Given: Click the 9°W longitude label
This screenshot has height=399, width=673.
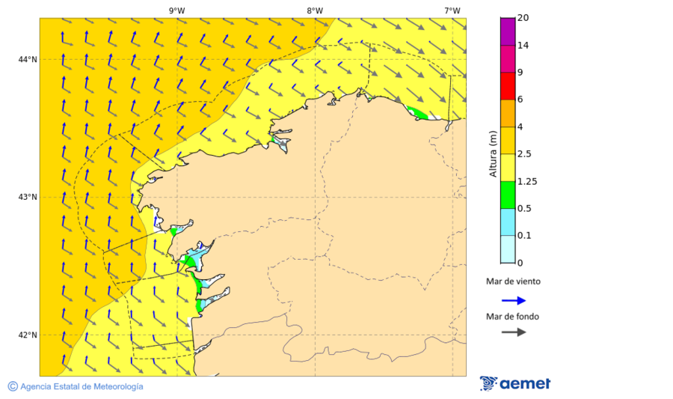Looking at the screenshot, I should click(176, 10).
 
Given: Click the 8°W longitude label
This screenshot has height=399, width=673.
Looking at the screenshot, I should click(314, 10).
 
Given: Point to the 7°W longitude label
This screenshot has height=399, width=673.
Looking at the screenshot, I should click(452, 10).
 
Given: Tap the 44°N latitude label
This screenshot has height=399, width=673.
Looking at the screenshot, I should click(28, 59).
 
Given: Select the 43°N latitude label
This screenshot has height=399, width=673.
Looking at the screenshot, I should click(28, 197).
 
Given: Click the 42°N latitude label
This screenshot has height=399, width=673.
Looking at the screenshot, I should click(28, 335).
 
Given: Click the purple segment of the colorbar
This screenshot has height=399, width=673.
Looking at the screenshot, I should click(508, 31).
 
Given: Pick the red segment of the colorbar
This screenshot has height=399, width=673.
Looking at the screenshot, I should click(508, 86).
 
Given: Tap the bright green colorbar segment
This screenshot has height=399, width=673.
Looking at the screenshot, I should click(508, 195).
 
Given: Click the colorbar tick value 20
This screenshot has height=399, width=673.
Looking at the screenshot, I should click(523, 18).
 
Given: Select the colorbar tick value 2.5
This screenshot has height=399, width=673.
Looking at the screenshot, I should click(525, 154).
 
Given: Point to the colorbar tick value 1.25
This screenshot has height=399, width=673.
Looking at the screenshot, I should click(527, 181).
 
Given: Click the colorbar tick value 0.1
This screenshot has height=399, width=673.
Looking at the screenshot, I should click(525, 236).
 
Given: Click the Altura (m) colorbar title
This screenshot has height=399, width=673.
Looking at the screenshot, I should click(493, 153).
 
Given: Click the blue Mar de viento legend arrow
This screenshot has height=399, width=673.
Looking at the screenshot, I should click(514, 300).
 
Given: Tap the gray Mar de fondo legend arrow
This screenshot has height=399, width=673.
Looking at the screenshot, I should click(514, 332).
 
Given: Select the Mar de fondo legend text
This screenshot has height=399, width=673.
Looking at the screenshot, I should click(512, 317).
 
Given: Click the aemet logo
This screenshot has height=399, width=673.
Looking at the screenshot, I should click(515, 383).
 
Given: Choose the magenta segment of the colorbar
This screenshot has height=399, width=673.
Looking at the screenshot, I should click(508, 58).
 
